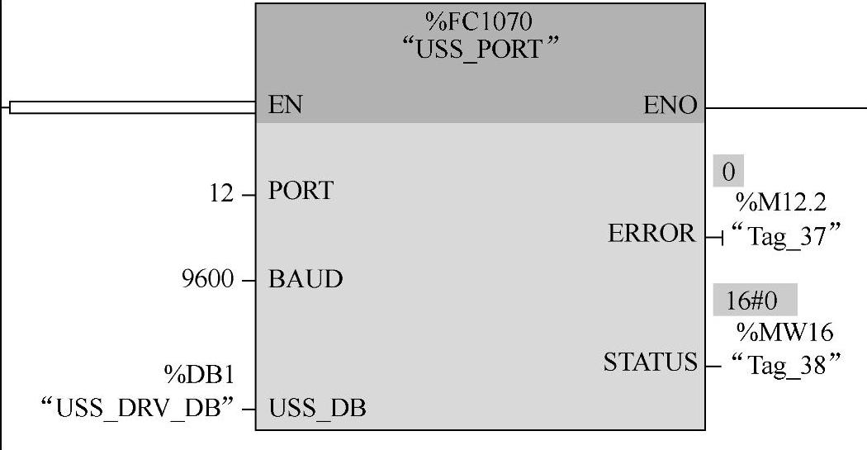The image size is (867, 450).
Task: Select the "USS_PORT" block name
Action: point(479,50)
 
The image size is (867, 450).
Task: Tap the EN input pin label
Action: point(285,106)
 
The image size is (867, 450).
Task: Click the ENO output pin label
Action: point(670,106)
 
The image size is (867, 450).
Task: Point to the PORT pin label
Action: point(301,192)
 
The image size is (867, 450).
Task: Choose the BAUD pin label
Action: point(306,279)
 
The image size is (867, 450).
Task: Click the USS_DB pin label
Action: point(317,407)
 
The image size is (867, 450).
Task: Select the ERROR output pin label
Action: point(652,234)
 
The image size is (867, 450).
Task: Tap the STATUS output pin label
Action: point(650,362)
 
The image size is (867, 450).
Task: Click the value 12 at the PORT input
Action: point(223,197)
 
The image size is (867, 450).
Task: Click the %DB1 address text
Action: point(198,377)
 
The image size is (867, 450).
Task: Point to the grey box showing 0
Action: point(728,172)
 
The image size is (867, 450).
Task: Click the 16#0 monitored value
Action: point(744,301)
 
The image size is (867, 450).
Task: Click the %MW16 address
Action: point(784,332)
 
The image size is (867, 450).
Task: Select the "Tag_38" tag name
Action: point(784,362)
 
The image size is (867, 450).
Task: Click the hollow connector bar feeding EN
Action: point(132,107)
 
